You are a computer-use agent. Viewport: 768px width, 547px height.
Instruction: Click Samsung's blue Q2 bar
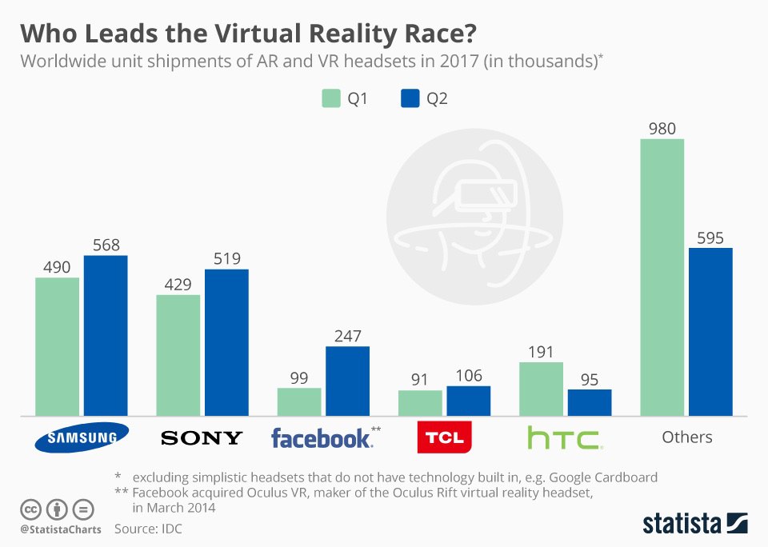pyautogui.click(x=106, y=335)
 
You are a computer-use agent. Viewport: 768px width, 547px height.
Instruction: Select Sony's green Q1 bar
pyautogui.click(x=178, y=355)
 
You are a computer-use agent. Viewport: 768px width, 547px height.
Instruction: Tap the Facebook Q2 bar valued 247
pyautogui.click(x=348, y=381)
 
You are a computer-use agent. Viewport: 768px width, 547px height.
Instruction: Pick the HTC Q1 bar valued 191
pyautogui.click(x=541, y=389)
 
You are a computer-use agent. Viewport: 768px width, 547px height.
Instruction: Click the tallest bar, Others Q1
pyautogui.click(x=662, y=277)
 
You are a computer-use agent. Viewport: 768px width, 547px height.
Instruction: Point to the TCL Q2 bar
pyautogui.click(x=469, y=401)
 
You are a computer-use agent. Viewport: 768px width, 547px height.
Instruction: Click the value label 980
pyautogui.click(x=662, y=128)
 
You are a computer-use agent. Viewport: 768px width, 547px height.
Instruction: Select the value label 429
pyautogui.click(x=178, y=284)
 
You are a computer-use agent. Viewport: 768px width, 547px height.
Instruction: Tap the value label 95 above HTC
pyautogui.click(x=590, y=380)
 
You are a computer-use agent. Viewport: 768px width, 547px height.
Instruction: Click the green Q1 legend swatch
pyautogui.click(x=331, y=98)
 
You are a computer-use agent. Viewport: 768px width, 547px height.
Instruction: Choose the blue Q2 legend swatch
pyautogui.click(x=410, y=98)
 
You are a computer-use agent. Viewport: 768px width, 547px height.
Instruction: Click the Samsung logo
pyautogui.click(x=82, y=437)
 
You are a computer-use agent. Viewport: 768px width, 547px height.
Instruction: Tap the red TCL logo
pyautogui.click(x=444, y=437)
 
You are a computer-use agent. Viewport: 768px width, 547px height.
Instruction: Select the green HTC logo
pyautogui.click(x=565, y=437)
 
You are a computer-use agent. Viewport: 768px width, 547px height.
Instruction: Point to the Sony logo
pyautogui.click(x=202, y=437)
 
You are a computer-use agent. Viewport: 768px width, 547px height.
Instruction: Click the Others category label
pyautogui.click(x=686, y=437)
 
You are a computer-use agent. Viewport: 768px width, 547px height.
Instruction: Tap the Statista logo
pyautogui.click(x=695, y=522)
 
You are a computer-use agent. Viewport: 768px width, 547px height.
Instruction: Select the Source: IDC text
pyautogui.click(x=148, y=529)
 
